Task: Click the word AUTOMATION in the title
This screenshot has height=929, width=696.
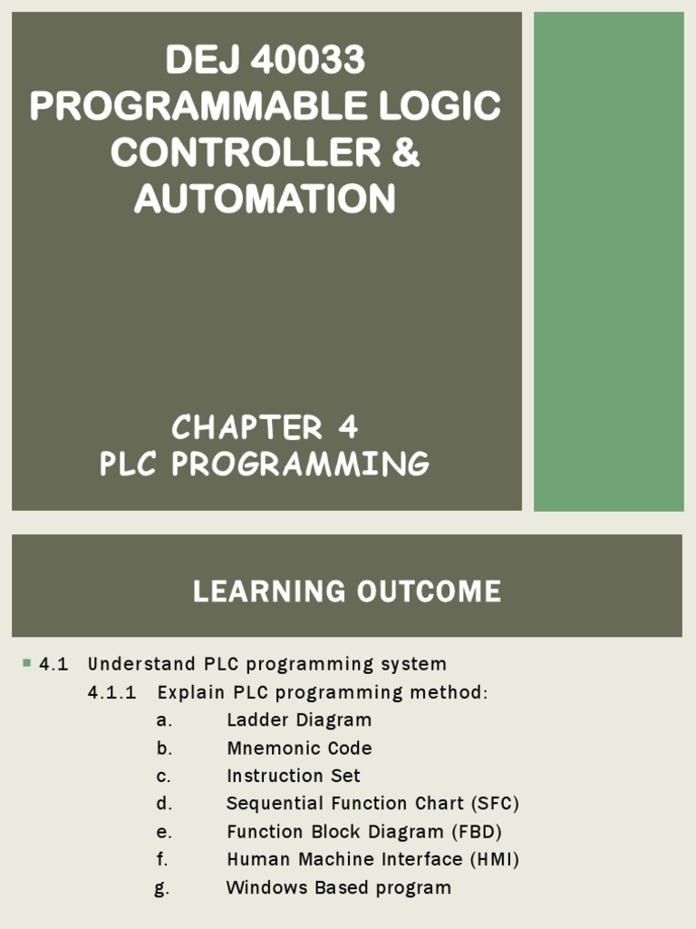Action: tap(265, 199)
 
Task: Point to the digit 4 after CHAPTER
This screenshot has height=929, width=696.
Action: tap(348, 426)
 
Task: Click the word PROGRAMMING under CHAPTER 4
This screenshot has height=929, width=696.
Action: tap(303, 464)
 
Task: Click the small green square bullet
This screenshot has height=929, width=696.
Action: tap(26, 663)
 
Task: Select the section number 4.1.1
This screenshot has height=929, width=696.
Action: tap(111, 693)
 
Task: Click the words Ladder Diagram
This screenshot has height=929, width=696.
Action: tap(299, 720)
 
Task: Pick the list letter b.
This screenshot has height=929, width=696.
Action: tap(163, 748)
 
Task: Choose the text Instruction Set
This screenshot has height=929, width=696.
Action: tap(293, 777)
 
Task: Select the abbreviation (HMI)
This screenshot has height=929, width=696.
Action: tap(492, 859)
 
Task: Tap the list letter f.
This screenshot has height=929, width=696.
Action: tap(161, 859)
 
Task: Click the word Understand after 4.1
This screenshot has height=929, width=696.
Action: tap(143, 665)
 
